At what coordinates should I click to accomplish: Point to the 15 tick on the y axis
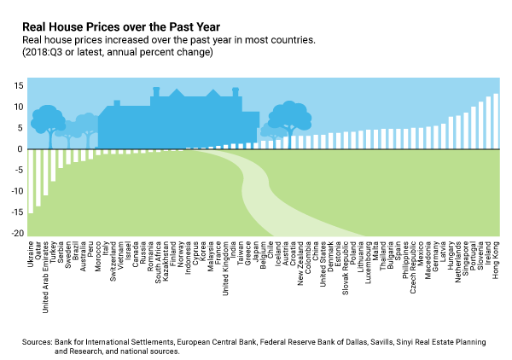[x=17, y=86]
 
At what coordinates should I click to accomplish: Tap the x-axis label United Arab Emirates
[x=46, y=269]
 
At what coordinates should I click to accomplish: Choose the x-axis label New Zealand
[x=300, y=259]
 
